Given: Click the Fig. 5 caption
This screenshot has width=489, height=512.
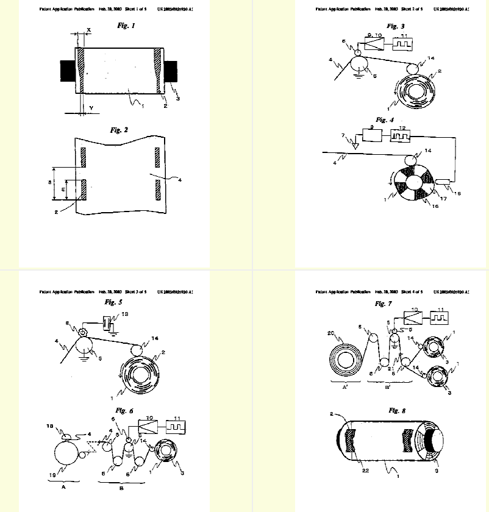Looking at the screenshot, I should pos(114,302).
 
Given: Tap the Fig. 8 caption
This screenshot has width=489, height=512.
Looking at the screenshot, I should pos(398,410).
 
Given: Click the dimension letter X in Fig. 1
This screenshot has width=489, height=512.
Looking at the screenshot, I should pos(88,29).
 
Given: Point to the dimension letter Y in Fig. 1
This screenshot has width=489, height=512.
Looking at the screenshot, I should pos(90,108).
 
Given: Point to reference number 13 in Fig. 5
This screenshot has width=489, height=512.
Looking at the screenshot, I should pos(126,314).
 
